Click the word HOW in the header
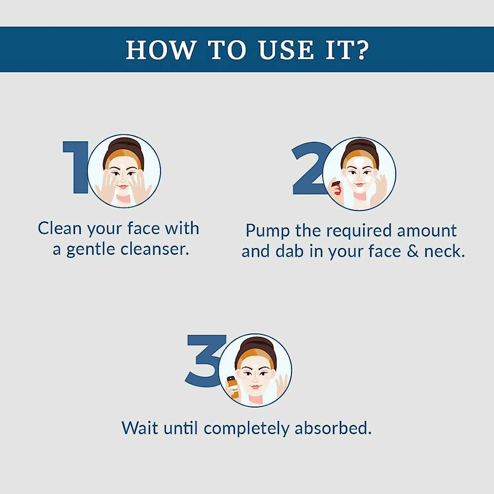click(x=161, y=50)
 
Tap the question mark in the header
click(x=362, y=49)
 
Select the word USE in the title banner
click(x=286, y=50)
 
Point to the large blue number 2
click(x=310, y=168)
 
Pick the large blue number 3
click(x=205, y=361)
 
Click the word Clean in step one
click(x=60, y=228)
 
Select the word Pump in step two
click(x=267, y=231)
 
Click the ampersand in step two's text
click(x=412, y=251)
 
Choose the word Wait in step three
click(x=140, y=428)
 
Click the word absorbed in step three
click(x=333, y=428)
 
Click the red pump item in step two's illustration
click(x=336, y=188)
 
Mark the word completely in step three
click(x=247, y=429)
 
